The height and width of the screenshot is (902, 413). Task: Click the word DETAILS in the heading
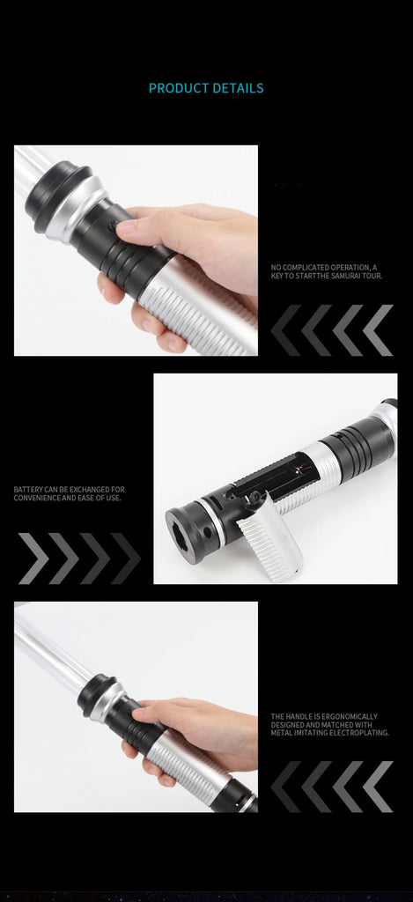point(238,88)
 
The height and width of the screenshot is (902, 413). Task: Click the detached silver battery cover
point(269,536)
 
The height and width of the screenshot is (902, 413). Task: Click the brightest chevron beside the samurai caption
point(378,330)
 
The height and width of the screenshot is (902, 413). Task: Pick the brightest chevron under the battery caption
point(33,558)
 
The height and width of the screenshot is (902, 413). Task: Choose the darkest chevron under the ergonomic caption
point(286,787)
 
